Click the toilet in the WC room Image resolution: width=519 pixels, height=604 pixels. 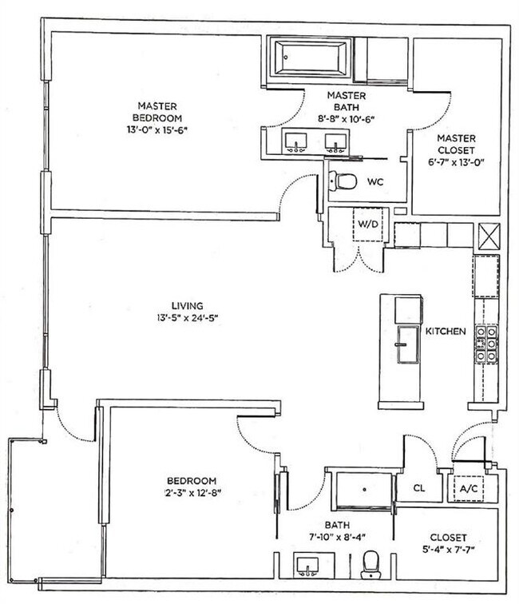coord(346,181)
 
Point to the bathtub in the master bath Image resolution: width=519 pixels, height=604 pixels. coord(310,58)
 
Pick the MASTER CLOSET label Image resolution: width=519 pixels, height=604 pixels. coord(456,143)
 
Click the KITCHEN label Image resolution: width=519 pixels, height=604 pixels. coord(445,331)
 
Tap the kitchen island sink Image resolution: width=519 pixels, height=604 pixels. coord(407,345)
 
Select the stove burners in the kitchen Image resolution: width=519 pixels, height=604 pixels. coord(487,344)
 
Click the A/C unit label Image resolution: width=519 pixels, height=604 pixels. coord(469,487)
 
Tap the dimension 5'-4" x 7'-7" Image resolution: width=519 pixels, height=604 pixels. coord(447,550)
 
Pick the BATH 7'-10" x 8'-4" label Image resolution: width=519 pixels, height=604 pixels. coord(335,530)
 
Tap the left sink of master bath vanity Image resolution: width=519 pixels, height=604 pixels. coord(297,142)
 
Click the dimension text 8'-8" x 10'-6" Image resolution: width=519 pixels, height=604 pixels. coord(346,118)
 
